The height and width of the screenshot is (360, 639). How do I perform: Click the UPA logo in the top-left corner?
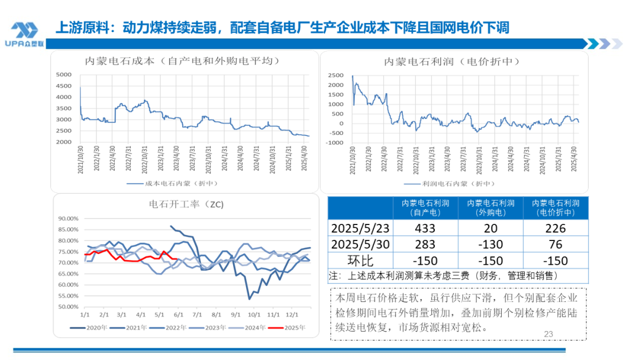pos(24,34)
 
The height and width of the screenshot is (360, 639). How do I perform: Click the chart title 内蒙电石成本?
pos(182,60)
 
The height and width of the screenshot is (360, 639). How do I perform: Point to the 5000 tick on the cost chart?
pos(63,75)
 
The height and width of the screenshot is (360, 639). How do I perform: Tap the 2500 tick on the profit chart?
pos(335,76)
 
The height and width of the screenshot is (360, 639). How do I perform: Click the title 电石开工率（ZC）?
pos(186,204)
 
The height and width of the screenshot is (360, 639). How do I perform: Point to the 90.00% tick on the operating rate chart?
pos(68,218)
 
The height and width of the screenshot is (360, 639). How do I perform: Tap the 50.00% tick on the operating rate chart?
pos(68,307)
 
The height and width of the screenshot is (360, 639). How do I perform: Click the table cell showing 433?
pos(425,229)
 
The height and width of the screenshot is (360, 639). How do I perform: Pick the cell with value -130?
pos(490,245)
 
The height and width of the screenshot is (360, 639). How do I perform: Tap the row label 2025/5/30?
pos(360,245)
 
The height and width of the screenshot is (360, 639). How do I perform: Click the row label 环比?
pos(360,261)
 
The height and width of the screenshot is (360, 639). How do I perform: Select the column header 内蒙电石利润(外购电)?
pos(490,207)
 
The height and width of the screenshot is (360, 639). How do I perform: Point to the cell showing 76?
pos(556,245)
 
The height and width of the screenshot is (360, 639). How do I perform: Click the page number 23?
pos(548,335)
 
